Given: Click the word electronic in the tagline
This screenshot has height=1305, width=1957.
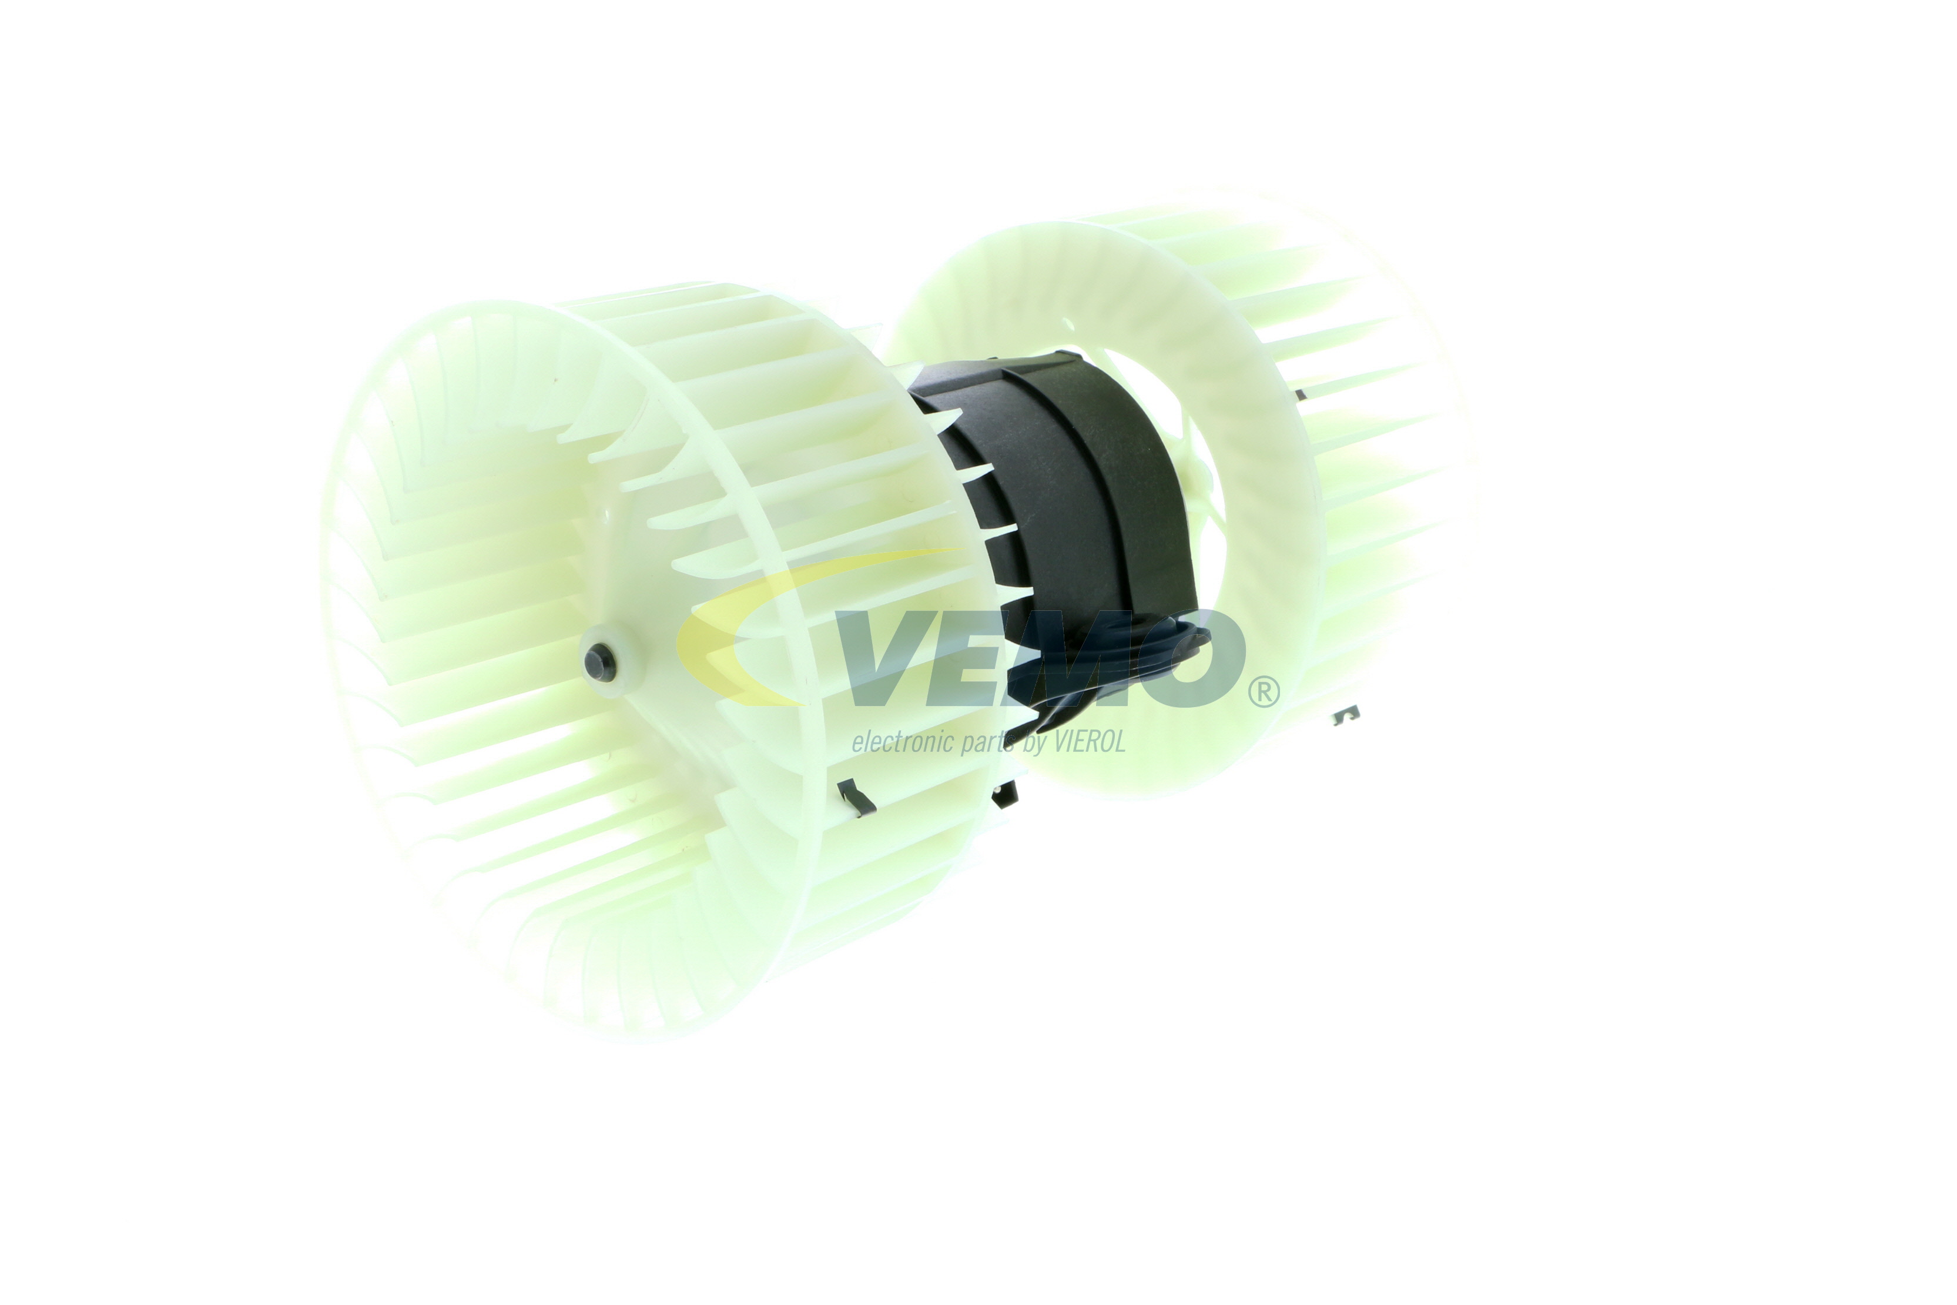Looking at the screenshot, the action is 903,741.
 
